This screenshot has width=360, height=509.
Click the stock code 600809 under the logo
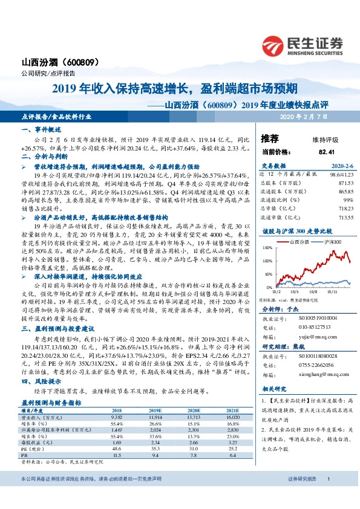tap(76, 62)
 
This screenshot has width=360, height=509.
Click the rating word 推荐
tap(270, 138)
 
